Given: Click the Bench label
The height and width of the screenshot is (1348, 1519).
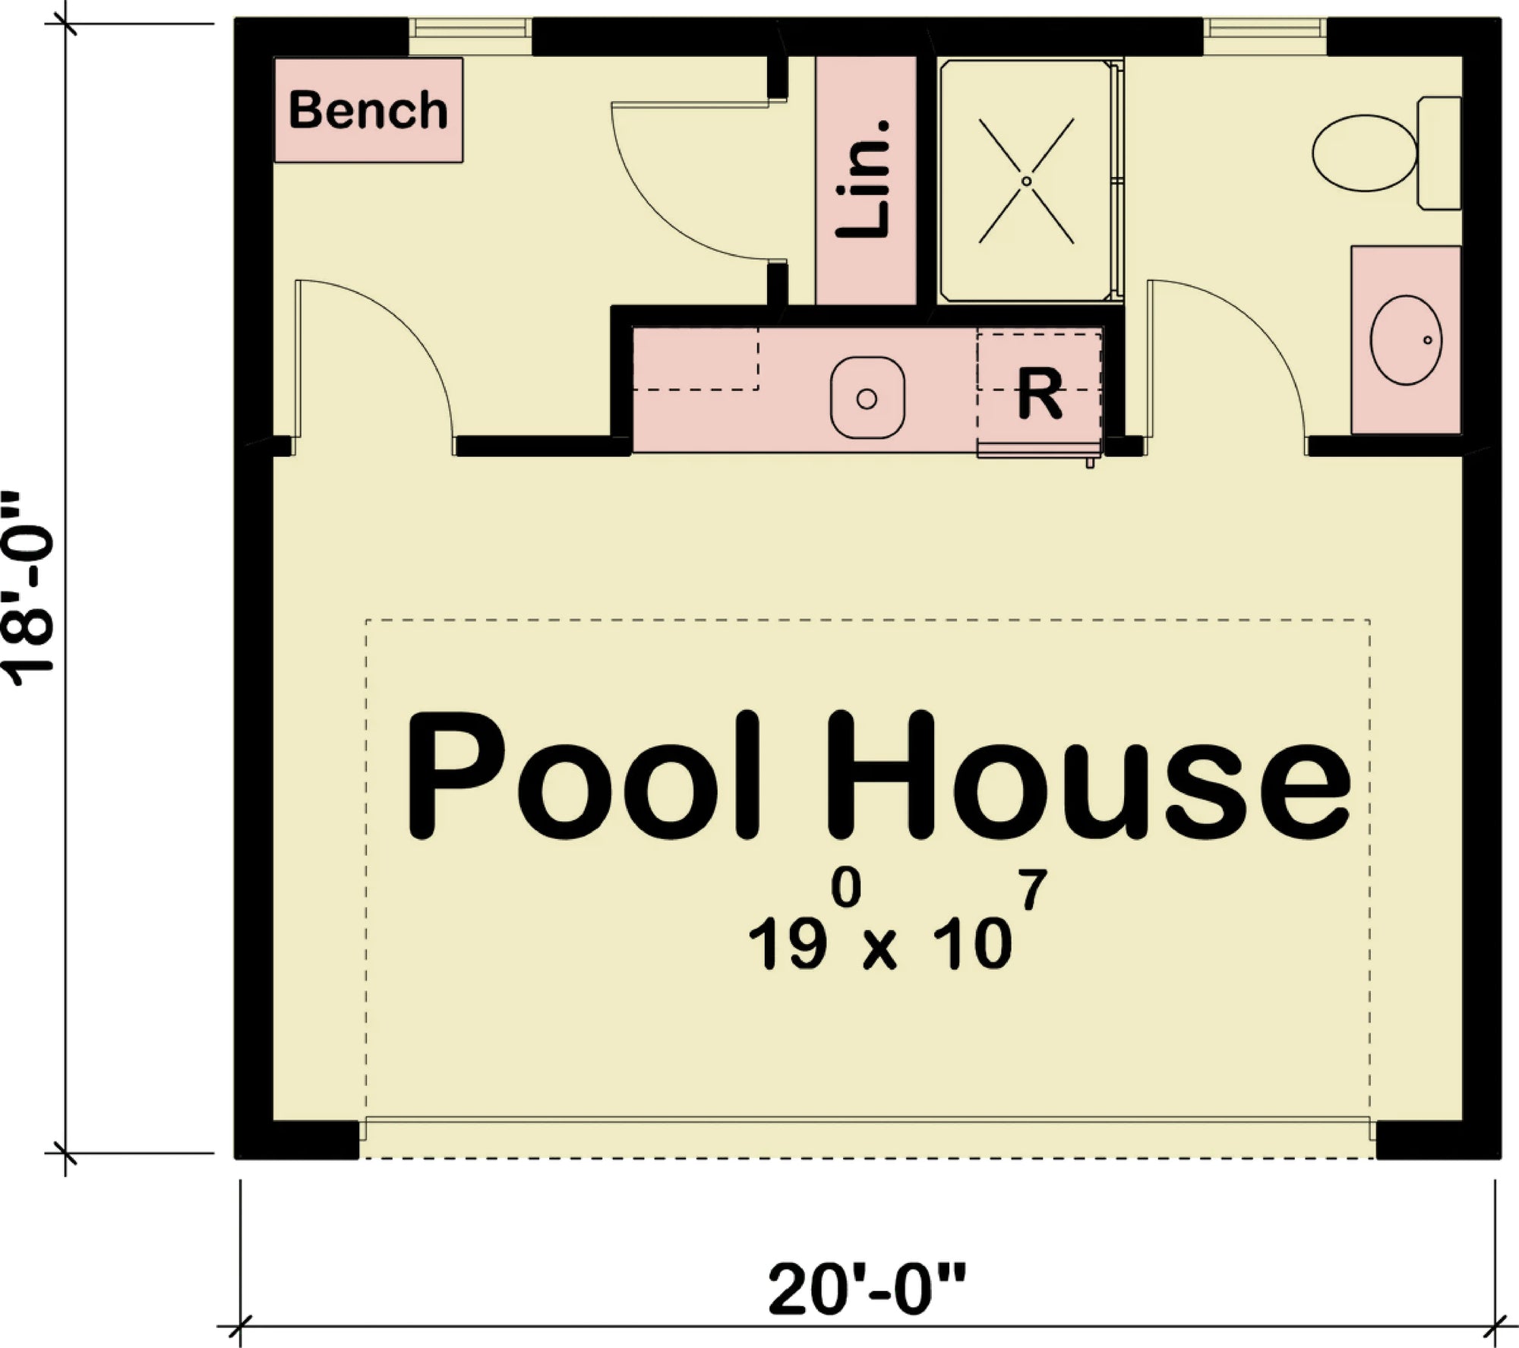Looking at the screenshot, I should (x=368, y=110).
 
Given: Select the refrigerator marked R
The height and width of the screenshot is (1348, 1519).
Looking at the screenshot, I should (x=1039, y=394).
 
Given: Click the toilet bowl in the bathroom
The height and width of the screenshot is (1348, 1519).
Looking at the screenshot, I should (x=1365, y=153).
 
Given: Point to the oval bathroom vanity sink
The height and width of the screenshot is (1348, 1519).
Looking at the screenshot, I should (x=1406, y=340).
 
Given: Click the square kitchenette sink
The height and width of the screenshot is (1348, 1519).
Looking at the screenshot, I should (x=867, y=398).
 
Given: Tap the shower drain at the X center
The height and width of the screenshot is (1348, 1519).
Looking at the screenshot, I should (x=1026, y=181).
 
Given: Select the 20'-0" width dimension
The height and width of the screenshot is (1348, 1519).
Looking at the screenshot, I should (x=867, y=1290).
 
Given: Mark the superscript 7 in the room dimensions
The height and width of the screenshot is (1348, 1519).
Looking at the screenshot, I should (x=1034, y=889).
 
